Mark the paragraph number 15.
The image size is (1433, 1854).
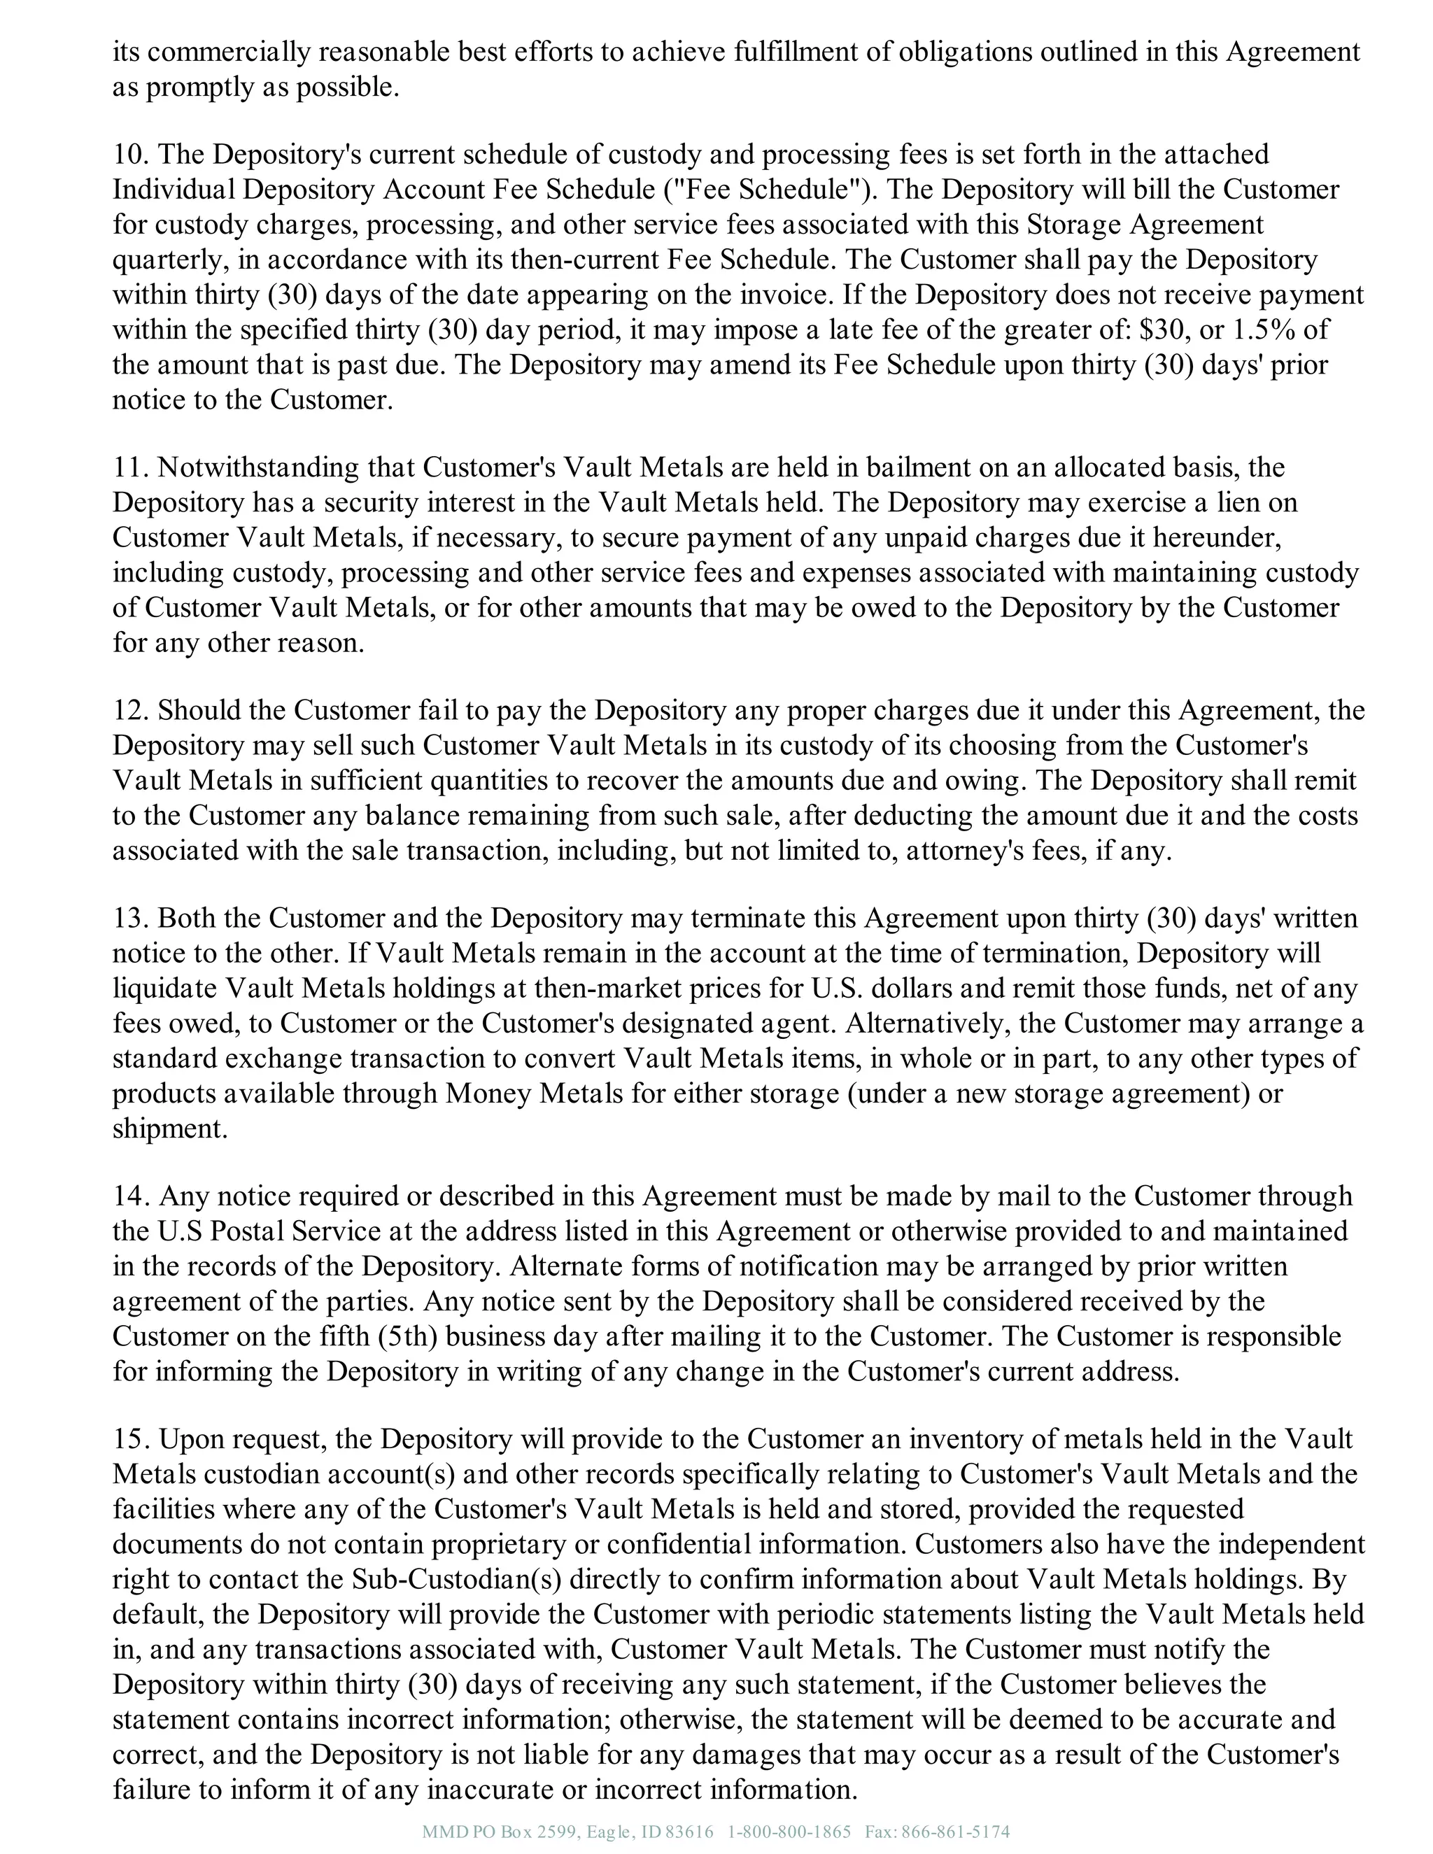coord(130,1439)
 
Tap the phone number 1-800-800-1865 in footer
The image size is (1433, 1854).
coord(789,1831)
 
